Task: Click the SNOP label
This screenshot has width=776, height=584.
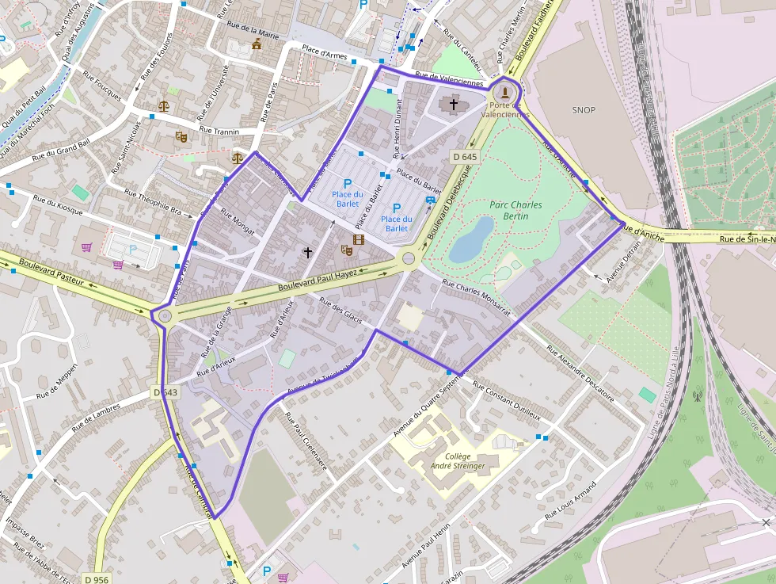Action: (x=584, y=110)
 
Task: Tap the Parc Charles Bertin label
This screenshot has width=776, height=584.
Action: (x=515, y=210)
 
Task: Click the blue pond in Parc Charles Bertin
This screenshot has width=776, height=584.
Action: (x=472, y=240)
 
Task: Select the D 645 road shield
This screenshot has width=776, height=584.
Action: (x=465, y=157)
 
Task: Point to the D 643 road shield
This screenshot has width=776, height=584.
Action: (x=165, y=392)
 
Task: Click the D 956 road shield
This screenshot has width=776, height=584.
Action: (x=96, y=579)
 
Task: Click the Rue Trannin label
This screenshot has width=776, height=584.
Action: (x=219, y=131)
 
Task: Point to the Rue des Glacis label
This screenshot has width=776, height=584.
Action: (x=341, y=310)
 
